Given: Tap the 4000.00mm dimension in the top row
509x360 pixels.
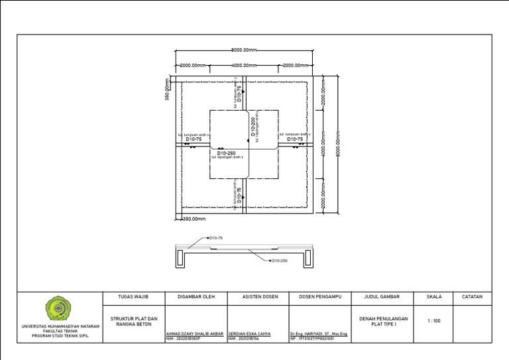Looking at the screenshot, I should [x=245, y=66].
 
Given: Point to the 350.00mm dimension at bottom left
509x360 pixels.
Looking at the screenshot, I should [x=194, y=218].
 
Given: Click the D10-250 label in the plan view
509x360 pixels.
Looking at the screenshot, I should [x=227, y=153].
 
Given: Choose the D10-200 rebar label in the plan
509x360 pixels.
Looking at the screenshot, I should [x=253, y=127].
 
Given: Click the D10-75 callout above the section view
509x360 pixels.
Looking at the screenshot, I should [x=215, y=237].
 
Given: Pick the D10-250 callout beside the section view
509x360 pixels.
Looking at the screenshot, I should [x=279, y=261].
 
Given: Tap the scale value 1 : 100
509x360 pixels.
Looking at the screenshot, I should [x=434, y=322].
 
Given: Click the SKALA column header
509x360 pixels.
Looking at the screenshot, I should [x=434, y=297].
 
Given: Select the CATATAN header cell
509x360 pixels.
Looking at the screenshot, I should [x=472, y=297].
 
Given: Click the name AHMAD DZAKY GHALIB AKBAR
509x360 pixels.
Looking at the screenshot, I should [x=194, y=334].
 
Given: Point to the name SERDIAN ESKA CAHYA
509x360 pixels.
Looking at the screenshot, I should [x=249, y=334].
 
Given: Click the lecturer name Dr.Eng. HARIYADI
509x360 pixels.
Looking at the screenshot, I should [x=319, y=334].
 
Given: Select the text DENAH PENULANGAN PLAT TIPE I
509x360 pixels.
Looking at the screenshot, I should [x=384, y=322].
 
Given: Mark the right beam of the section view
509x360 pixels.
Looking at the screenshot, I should [x=308, y=259].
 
